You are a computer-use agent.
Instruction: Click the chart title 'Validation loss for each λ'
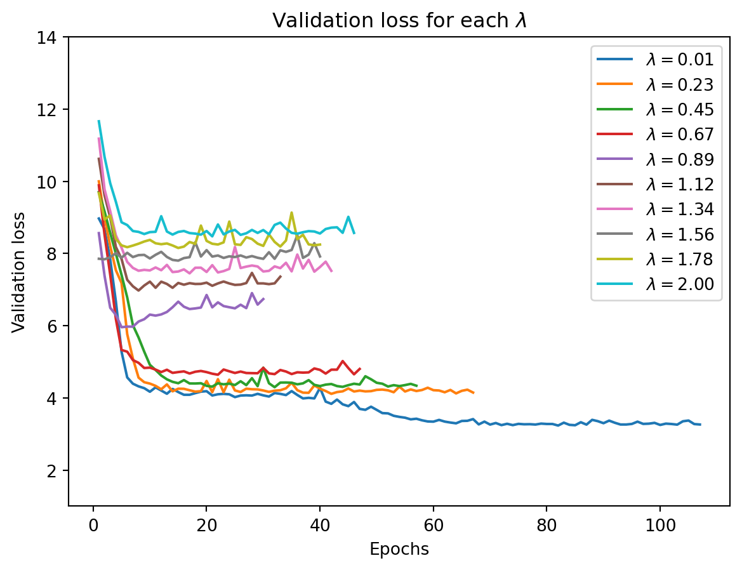[x=400, y=21]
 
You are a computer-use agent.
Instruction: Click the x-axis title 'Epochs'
[x=399, y=550]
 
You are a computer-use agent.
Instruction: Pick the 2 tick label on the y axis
[x=56, y=470]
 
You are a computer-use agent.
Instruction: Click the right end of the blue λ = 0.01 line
[x=700, y=425]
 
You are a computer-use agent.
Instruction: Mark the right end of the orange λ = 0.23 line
[x=474, y=393]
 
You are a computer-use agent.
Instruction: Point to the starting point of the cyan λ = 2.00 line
[x=98, y=120]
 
